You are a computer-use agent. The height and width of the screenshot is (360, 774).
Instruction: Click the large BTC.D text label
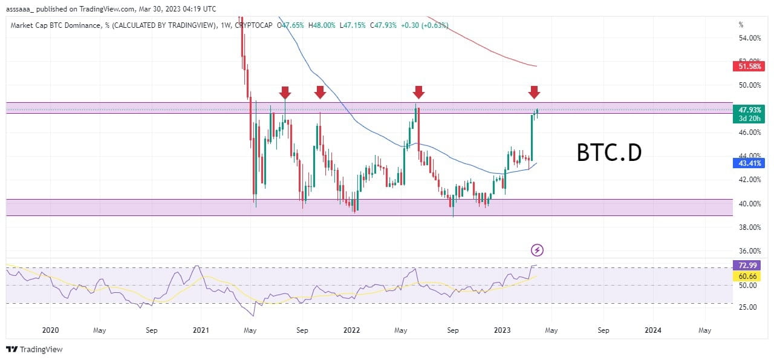[x=609, y=153]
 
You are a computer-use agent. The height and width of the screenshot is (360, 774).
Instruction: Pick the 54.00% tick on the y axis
[x=750, y=38]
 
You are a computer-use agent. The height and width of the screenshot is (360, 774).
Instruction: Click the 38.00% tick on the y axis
[x=750, y=227]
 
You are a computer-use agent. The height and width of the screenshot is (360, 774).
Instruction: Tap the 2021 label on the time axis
[x=201, y=330]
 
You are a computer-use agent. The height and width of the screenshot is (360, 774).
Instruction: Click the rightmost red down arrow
[x=533, y=92]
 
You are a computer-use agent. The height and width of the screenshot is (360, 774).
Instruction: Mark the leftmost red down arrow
[x=285, y=92]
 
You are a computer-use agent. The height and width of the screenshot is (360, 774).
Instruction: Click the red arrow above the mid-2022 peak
[x=418, y=92]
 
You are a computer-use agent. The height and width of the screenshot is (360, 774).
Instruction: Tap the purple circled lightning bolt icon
[x=536, y=249]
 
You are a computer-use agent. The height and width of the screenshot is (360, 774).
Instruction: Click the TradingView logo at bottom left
[x=34, y=349]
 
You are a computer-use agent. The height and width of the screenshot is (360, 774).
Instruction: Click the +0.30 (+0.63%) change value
[x=426, y=25]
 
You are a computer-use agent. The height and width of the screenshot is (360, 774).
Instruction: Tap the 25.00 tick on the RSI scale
[x=750, y=307]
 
